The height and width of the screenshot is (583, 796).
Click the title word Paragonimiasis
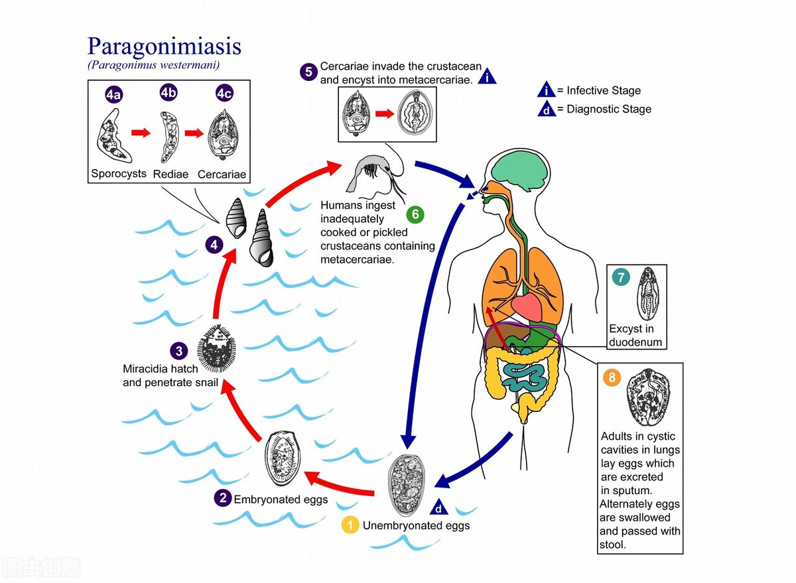(x=165, y=46)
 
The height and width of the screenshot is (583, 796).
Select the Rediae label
(x=170, y=174)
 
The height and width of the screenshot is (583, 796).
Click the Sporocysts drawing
(x=114, y=135)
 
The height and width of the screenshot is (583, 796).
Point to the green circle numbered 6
(x=415, y=214)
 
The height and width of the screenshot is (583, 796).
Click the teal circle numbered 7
(x=620, y=277)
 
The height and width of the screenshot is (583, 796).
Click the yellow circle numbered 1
(x=350, y=525)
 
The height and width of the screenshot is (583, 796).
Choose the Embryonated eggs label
(x=281, y=499)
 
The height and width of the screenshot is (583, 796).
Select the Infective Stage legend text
(x=604, y=91)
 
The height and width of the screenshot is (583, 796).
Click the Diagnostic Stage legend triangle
(x=547, y=109)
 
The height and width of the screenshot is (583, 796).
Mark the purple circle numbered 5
(x=307, y=71)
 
